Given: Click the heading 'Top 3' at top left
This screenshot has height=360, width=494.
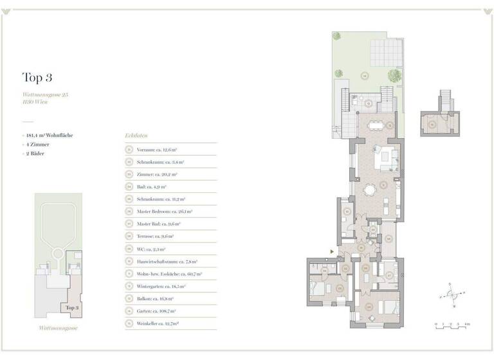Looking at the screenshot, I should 37,78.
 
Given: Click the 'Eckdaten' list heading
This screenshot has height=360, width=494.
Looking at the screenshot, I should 136,136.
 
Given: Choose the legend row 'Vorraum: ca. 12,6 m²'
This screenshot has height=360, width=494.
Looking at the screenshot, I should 157,149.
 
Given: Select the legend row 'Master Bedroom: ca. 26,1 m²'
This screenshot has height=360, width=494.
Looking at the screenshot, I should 165,211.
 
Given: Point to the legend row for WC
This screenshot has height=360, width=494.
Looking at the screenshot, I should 151,249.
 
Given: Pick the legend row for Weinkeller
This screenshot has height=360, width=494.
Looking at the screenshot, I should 160,323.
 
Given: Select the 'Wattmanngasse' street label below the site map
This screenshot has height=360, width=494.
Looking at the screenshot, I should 59,328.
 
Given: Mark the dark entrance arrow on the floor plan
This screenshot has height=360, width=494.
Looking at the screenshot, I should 331,251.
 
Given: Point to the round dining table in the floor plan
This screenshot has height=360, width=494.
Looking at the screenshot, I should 370,190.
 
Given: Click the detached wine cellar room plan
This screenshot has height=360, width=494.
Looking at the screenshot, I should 440,122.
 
